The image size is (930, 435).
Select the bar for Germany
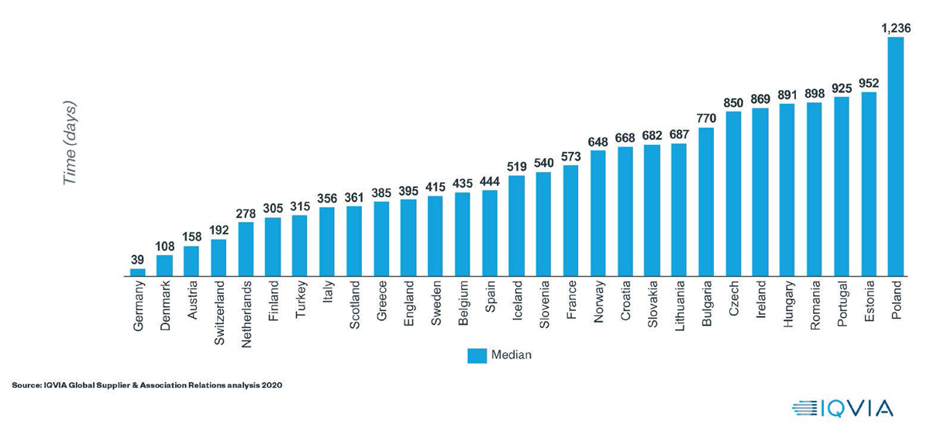click(x=138, y=272)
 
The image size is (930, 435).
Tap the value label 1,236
click(x=895, y=28)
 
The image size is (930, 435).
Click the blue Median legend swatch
click(x=476, y=355)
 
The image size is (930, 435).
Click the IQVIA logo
click(x=842, y=408)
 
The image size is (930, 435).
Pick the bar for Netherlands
click(x=246, y=249)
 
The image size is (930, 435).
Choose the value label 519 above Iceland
click(x=516, y=167)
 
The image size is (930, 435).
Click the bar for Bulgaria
click(x=706, y=202)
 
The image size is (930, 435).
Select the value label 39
click(x=138, y=260)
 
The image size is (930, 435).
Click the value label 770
click(x=706, y=119)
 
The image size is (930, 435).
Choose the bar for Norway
click(x=598, y=213)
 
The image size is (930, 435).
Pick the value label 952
click(x=868, y=84)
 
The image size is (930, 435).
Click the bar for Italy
click(x=327, y=241)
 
